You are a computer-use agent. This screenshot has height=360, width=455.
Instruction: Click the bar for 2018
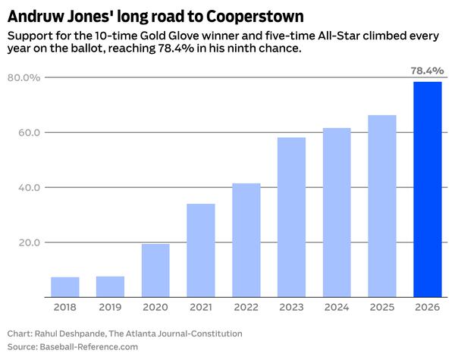pos(65,287)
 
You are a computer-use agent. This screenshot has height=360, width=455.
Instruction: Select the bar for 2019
pos(110,286)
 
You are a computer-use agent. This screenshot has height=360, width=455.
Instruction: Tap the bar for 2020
pos(155,271)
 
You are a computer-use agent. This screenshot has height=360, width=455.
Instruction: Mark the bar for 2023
pos(291,218)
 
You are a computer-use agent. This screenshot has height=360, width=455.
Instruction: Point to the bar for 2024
pos(337,213)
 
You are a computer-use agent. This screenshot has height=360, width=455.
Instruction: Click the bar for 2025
pos(382,206)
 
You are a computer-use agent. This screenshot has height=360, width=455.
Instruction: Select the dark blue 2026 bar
pos(427,189)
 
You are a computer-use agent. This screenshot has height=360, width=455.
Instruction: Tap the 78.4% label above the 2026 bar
pos(427,70)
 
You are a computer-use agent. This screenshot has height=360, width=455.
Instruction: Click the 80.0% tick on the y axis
pos(24,77)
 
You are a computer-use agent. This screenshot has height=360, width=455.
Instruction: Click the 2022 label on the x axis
pos(246,308)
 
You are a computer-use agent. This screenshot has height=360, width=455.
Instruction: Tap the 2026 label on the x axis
pos(427,308)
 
